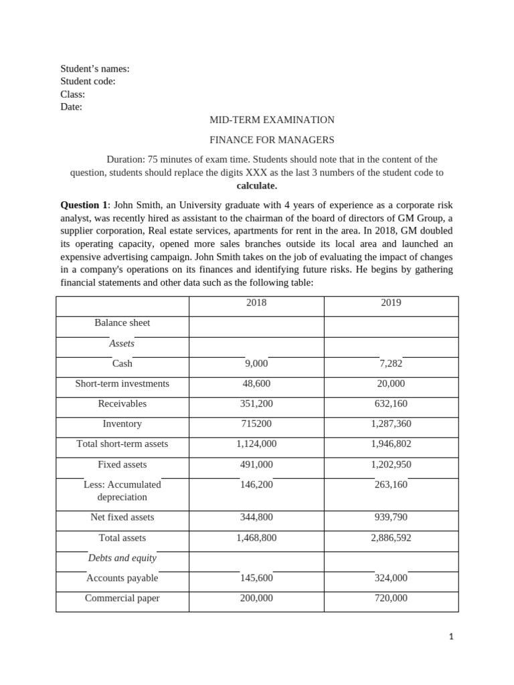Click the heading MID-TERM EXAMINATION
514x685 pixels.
[272, 120]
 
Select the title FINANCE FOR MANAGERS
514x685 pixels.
[272, 140]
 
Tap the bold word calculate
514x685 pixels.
[256, 185]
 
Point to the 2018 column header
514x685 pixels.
[256, 302]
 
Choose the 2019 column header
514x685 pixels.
[391, 302]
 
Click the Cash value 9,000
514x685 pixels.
[256, 363]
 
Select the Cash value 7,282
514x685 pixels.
[391, 363]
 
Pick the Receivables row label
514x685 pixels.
[122, 403]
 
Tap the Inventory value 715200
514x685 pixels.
[256, 423]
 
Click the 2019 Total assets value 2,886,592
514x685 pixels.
[391, 537]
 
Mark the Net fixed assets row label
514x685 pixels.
[122, 517]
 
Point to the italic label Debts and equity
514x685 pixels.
[122, 558]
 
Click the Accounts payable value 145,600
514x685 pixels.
[256, 578]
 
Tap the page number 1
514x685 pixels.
[451, 638]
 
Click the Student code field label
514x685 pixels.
[88, 81]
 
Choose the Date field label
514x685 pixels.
[71, 106]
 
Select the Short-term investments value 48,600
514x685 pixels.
[256, 383]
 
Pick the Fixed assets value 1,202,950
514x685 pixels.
[391, 464]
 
